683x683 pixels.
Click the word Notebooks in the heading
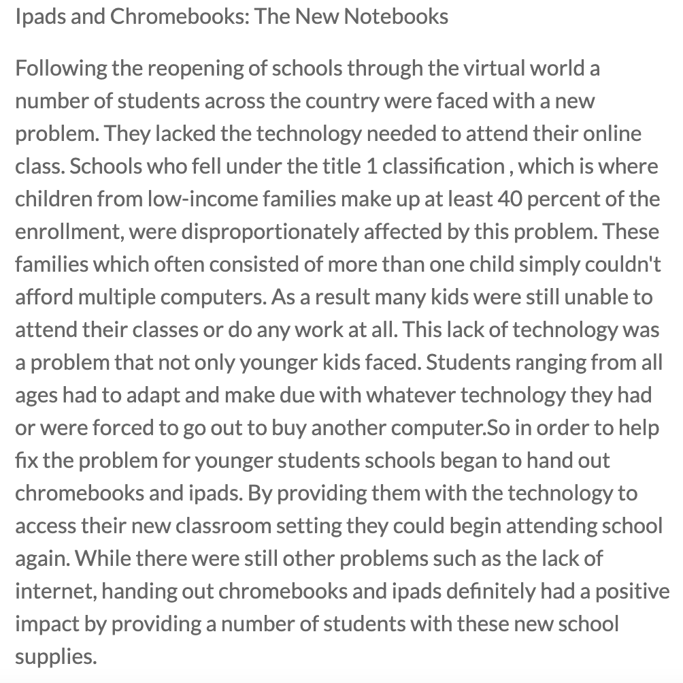click(396, 16)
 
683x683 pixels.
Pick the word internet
click(56, 591)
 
